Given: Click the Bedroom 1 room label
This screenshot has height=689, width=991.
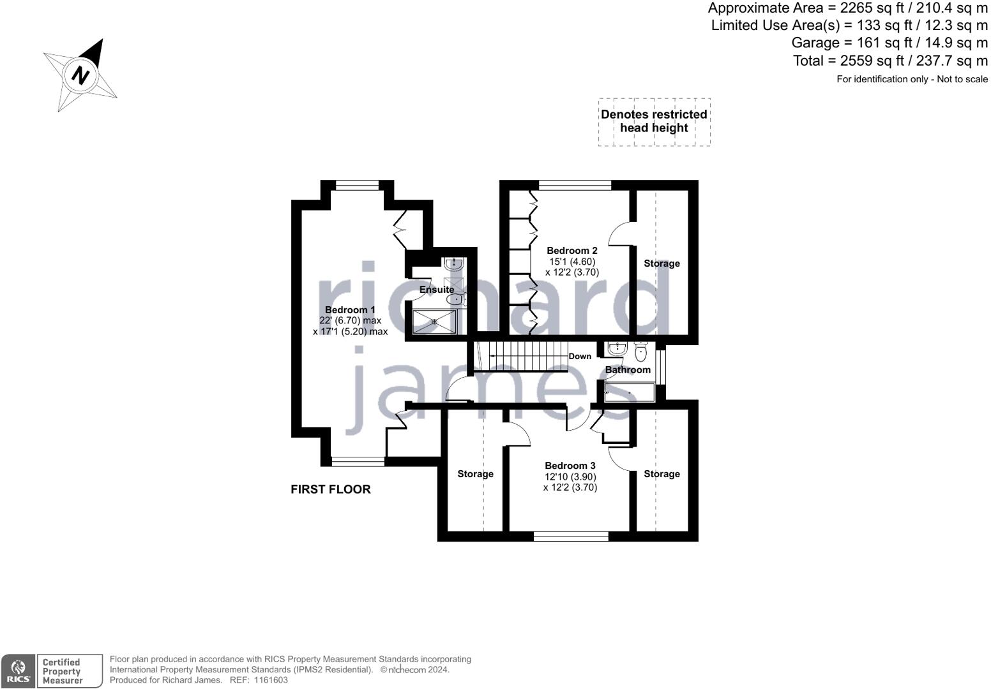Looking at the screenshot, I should [x=350, y=310].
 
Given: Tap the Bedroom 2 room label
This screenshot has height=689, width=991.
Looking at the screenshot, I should [x=571, y=251].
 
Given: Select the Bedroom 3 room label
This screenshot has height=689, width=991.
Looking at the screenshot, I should [x=570, y=466].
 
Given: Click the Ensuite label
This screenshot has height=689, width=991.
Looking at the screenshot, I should [x=437, y=290].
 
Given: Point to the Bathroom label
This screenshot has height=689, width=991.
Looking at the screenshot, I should [x=628, y=370].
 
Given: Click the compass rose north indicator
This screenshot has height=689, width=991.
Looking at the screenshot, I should [x=80, y=75].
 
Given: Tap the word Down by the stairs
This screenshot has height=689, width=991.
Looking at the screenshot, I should [x=580, y=357].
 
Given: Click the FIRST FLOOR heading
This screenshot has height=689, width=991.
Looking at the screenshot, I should [x=330, y=489].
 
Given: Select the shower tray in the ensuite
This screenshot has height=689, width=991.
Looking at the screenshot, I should [x=434, y=322].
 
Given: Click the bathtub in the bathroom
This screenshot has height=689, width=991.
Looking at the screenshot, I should [x=630, y=392].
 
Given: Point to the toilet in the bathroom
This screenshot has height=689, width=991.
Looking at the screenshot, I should [x=641, y=352].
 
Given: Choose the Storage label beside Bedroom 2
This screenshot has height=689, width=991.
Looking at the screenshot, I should [x=662, y=263].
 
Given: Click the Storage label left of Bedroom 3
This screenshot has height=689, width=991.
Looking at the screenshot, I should [x=475, y=474].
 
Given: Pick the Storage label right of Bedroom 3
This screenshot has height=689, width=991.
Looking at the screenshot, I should [x=662, y=474].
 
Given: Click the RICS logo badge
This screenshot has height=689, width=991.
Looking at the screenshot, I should [x=17, y=671].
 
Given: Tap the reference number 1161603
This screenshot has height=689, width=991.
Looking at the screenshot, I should [x=271, y=680].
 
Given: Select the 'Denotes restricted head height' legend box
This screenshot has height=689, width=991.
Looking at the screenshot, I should [x=654, y=122].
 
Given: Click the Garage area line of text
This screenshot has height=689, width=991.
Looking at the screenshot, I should [x=889, y=43].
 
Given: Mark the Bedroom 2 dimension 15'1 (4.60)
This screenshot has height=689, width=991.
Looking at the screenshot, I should [x=572, y=262].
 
